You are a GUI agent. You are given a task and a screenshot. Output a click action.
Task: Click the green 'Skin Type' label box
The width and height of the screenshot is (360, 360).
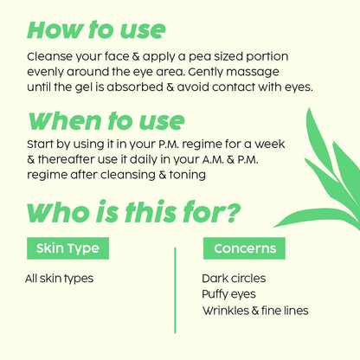point(68,249)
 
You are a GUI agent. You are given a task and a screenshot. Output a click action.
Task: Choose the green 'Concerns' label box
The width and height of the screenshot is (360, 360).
point(244,249)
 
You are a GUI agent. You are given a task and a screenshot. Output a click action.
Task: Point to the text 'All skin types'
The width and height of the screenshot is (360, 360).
point(59,279)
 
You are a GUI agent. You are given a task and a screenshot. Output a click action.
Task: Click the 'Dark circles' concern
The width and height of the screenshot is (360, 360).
point(234,279)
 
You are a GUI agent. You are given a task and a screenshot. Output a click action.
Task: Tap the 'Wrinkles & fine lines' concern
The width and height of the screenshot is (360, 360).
point(254,310)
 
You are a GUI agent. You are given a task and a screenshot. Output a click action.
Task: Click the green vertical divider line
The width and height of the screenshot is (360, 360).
point(175,289)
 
